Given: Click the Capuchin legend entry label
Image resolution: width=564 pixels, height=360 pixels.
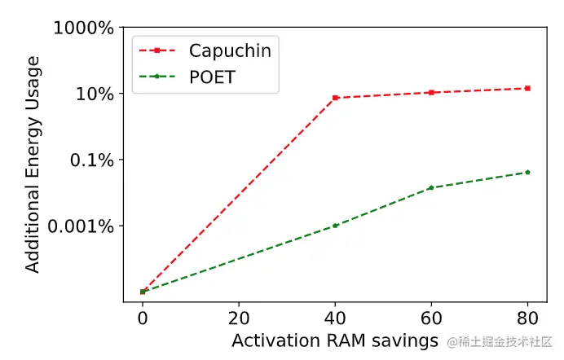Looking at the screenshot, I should [x=230, y=50].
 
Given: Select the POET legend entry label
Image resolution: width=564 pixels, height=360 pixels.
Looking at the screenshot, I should [x=216, y=77].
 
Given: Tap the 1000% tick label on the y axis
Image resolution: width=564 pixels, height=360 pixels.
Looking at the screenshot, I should [x=84, y=29].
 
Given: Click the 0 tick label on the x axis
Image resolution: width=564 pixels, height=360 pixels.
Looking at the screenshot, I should [x=143, y=316].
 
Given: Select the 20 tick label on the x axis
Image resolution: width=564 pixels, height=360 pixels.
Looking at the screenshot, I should [x=239, y=316].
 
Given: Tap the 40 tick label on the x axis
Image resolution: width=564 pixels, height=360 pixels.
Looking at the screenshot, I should [x=335, y=316].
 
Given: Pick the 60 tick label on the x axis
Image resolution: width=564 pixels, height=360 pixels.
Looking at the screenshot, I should [x=431, y=316].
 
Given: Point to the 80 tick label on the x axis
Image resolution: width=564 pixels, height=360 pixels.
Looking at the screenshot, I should [x=527, y=316].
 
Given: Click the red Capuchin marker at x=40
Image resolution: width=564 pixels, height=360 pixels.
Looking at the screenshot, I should [x=335, y=98].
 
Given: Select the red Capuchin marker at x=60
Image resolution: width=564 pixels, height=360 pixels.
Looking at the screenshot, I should [x=431, y=92].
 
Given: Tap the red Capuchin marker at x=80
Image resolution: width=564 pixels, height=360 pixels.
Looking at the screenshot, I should [x=527, y=88].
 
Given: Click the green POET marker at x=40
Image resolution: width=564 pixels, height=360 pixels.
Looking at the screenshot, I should [x=335, y=226].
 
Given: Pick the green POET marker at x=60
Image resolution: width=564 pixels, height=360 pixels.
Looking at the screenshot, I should [x=431, y=188].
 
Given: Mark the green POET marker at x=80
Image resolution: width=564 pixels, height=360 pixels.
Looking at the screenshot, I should [x=527, y=172].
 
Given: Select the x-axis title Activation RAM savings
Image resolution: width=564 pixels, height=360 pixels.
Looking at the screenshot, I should [x=334, y=340].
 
